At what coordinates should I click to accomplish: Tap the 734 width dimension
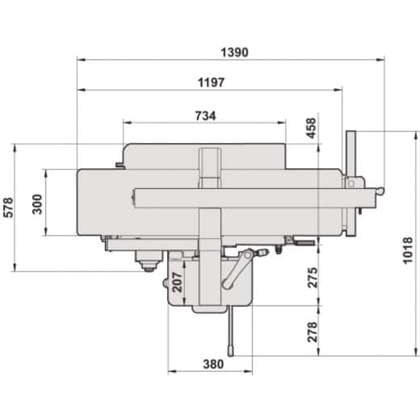205,115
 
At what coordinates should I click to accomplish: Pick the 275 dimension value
313,277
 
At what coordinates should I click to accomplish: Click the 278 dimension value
313,331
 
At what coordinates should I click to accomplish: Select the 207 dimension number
178,282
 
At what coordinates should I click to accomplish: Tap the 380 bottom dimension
212,363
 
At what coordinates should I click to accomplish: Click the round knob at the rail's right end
380,191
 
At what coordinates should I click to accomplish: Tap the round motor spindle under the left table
146,263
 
